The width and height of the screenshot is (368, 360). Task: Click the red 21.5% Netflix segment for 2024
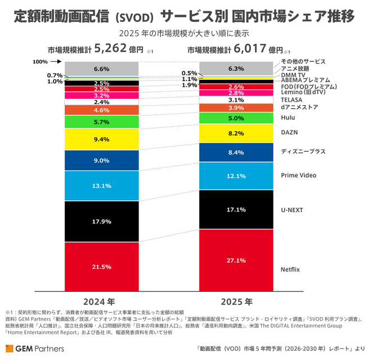101,267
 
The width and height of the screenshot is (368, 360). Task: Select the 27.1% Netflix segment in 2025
236,260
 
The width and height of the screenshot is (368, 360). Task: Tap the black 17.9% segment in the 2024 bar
101,221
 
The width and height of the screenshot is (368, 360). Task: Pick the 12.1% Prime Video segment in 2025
236,176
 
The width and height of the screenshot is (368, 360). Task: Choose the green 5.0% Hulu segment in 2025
236,118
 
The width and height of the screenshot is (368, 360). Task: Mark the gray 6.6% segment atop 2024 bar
101,69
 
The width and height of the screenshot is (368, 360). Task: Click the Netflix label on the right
290,269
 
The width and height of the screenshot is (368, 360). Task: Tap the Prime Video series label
297,175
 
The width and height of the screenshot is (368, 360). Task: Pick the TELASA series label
291,100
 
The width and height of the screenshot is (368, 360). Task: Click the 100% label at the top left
40,62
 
